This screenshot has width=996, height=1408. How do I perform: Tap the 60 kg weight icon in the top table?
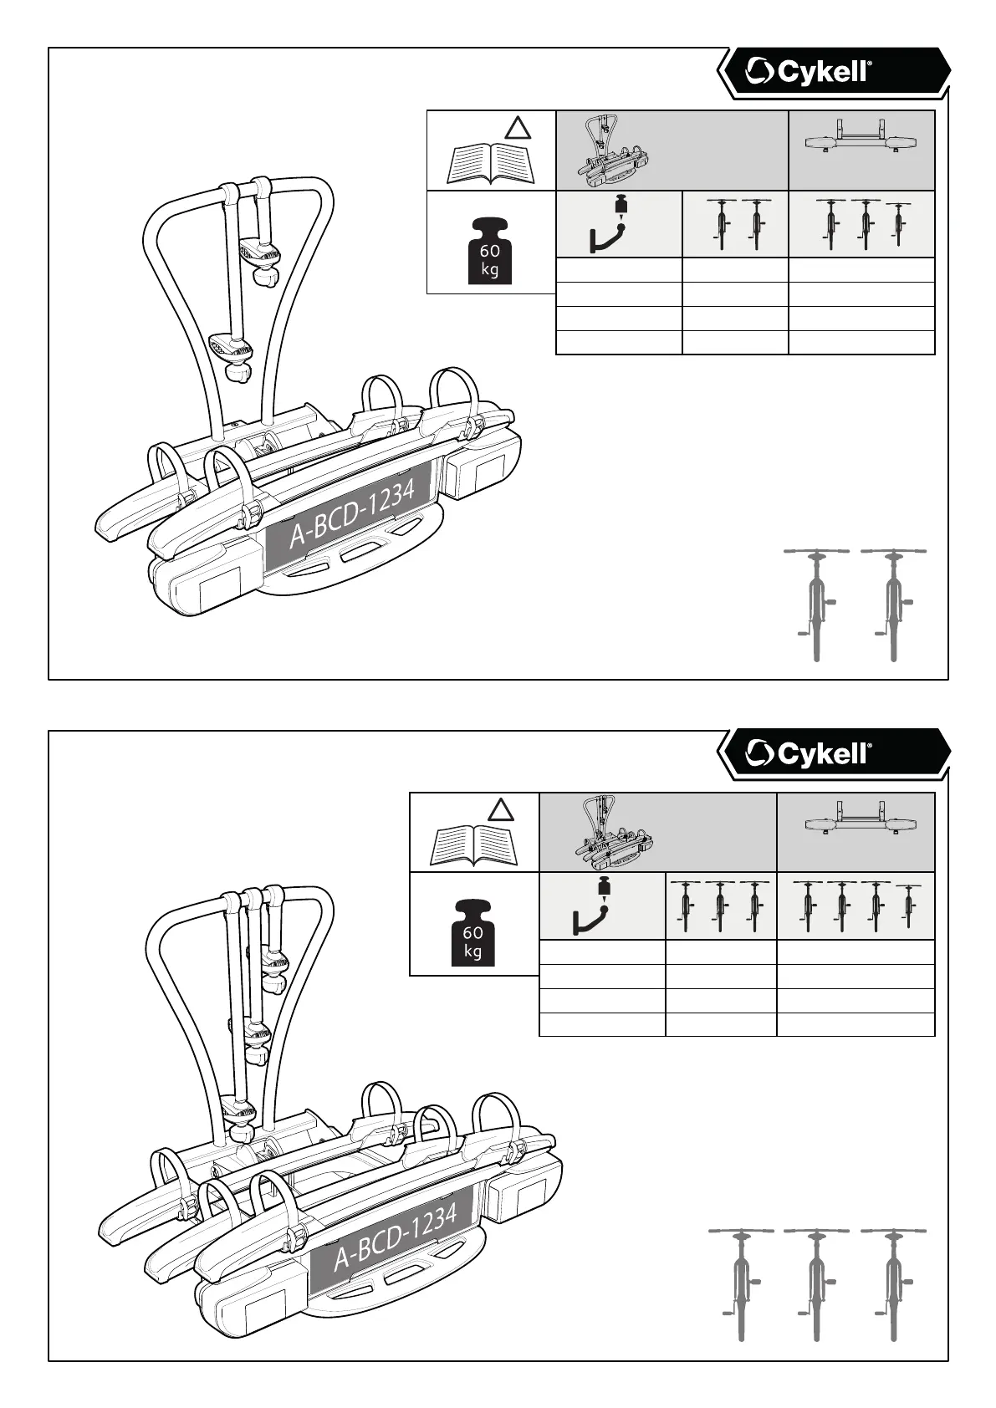click(490, 251)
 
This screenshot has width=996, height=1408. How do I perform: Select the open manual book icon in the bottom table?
click(474, 845)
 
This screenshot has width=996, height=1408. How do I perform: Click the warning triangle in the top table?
click(518, 128)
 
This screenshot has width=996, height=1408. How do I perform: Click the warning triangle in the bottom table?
click(500, 809)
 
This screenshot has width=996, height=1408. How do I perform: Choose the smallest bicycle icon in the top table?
click(899, 222)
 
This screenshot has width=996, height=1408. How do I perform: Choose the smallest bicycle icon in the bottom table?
click(909, 905)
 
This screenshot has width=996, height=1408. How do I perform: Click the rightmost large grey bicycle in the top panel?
click(893, 604)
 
